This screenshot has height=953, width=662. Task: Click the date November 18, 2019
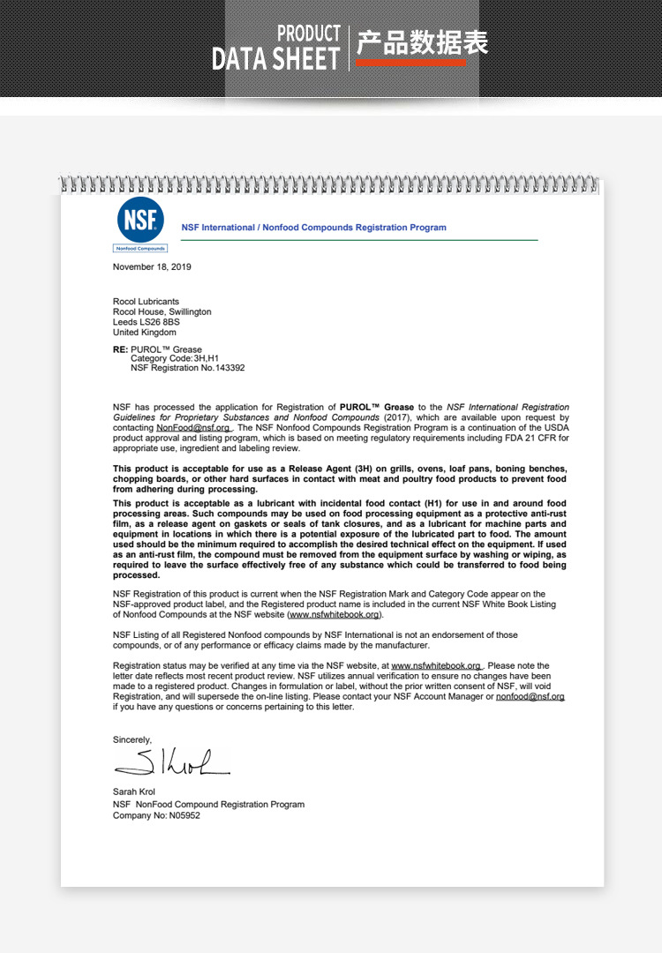(152, 266)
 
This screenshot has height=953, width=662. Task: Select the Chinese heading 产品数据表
(422, 42)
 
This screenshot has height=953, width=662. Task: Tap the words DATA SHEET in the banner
(275, 59)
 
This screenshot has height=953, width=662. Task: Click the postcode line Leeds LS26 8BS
(145, 322)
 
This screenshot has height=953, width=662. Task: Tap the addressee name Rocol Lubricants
(146, 302)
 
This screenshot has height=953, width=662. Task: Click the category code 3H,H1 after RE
(201, 359)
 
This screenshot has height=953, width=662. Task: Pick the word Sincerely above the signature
(132, 739)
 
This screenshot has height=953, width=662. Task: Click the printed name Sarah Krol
(134, 792)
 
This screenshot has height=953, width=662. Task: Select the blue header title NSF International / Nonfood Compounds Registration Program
(313, 228)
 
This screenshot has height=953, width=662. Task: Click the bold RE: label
(121, 349)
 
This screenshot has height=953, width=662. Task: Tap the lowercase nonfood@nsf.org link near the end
(530, 696)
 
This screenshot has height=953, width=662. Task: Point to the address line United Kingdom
(145, 333)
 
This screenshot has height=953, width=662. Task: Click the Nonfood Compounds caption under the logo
(140, 249)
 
